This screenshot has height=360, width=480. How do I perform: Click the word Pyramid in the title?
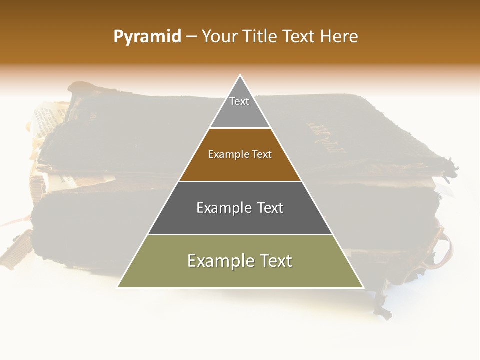click(147, 37)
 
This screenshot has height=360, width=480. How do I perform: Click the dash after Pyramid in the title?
click(191, 37)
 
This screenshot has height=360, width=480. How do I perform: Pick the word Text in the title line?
click(300, 37)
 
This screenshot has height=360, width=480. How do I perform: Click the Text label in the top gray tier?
click(239, 101)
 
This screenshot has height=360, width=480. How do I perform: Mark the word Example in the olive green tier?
click(217, 261)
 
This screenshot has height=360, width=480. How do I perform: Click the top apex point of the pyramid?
click(240, 75)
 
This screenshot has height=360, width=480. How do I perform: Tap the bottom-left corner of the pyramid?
click(118, 287)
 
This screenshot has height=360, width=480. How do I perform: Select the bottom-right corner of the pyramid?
click(363, 287)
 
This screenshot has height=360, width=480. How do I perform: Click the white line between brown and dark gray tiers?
click(240, 181)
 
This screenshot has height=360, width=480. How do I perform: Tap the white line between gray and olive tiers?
click(240, 234)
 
